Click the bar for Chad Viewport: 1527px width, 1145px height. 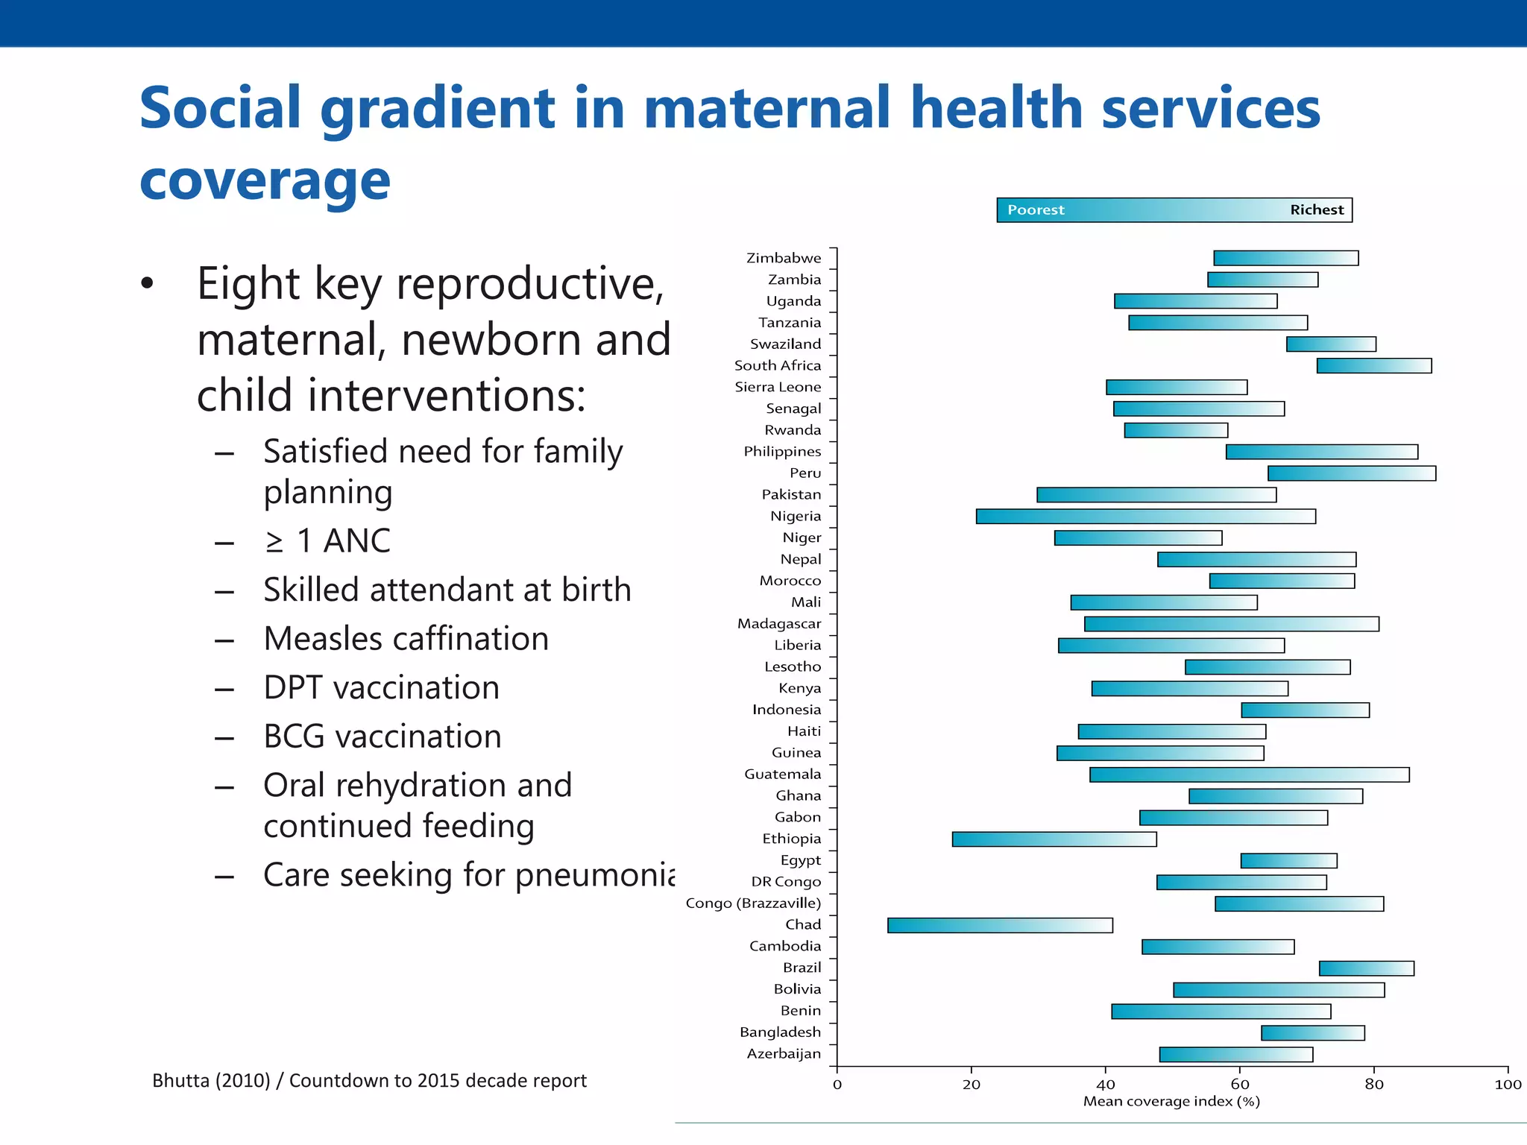pos(999,925)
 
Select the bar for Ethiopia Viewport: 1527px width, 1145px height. pos(1054,839)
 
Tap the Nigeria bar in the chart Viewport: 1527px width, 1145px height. pos(1145,516)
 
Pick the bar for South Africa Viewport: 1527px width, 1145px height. pos(1373,365)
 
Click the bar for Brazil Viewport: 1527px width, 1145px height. pos(1366,968)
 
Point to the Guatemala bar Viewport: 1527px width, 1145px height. pos(1249,775)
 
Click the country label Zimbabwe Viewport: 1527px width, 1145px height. pos(783,258)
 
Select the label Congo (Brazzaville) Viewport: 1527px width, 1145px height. pos(752,903)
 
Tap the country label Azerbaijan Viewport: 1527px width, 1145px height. pos(783,1054)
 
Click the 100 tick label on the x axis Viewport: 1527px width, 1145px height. pos(1507,1085)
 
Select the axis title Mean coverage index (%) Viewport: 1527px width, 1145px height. pos(1171,1102)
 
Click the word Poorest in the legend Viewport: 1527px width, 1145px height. pos(1036,210)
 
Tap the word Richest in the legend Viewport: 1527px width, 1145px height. pos(1316,210)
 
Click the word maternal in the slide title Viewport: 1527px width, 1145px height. pos(767,109)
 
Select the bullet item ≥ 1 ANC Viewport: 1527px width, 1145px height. pos(327,541)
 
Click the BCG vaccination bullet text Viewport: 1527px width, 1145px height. pos(382,736)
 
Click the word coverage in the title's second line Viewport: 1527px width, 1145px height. pos(265,181)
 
